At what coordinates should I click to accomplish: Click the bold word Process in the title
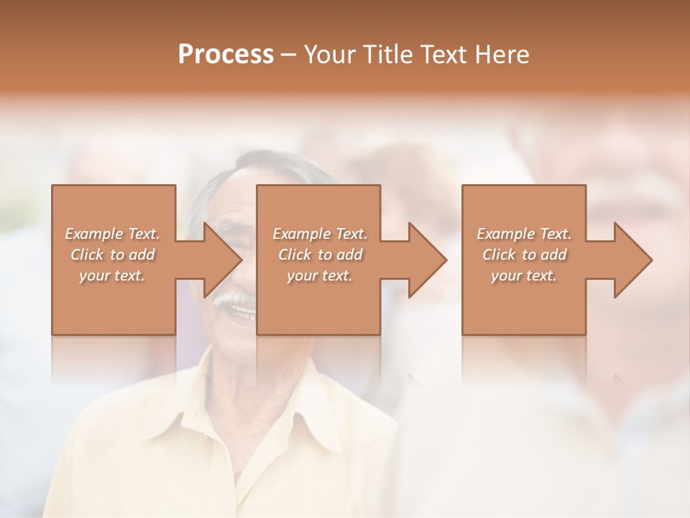(226, 55)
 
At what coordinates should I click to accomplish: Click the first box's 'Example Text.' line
(113, 234)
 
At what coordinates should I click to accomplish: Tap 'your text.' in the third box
(524, 276)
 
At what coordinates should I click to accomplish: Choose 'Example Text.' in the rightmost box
(524, 234)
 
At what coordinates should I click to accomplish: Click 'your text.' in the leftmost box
(113, 276)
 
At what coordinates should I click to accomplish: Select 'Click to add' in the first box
(113, 255)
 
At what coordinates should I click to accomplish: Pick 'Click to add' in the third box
(524, 255)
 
